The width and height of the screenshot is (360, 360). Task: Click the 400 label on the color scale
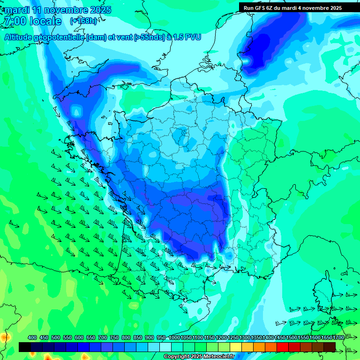[x=32, y=337]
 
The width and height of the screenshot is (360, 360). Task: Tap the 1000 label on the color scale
[x=174, y=337]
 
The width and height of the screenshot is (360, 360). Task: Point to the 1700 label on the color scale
[x=338, y=337]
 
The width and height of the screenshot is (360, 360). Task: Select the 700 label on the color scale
[x=103, y=337]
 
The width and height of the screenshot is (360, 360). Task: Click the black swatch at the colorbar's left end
[x=25, y=347]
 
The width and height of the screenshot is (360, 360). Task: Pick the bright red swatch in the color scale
[x=283, y=347]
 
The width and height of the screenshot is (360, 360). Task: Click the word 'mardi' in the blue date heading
[x=17, y=10]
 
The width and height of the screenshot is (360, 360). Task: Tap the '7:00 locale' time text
[x=32, y=21]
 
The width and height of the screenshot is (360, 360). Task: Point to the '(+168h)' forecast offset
[x=83, y=21]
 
